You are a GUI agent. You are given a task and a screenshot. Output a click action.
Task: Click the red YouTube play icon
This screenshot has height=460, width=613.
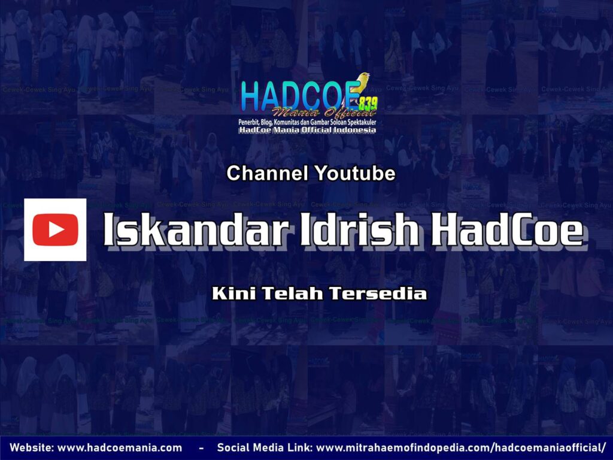(55, 230)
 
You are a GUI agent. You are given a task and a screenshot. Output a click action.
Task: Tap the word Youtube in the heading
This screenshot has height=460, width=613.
(354, 174)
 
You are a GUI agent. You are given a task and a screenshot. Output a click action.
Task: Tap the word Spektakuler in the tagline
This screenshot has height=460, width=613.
(358, 122)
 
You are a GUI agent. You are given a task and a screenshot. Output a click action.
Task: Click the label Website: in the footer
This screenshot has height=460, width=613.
(31, 447)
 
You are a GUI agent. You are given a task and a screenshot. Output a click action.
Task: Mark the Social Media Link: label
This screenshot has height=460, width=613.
(264, 447)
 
